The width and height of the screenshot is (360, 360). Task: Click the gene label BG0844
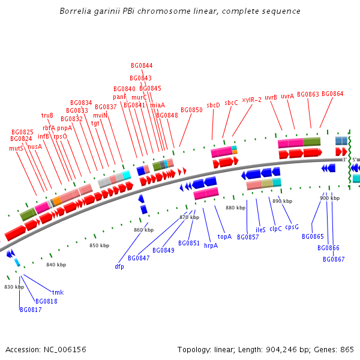click(x=142, y=65)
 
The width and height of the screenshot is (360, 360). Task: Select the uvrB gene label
click(x=271, y=97)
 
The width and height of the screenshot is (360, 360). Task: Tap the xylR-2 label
click(x=251, y=100)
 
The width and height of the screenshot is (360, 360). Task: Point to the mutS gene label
click(x=16, y=148)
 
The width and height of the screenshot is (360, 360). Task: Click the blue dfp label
click(x=119, y=266)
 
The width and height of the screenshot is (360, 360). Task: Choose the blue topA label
click(x=224, y=237)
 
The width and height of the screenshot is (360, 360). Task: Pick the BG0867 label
click(x=334, y=259)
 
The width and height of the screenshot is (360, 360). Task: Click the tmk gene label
click(x=58, y=292)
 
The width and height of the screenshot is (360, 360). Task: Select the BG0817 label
click(x=31, y=310)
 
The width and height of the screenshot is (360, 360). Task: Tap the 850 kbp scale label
click(x=100, y=245)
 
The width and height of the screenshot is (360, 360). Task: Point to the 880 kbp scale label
click(x=236, y=208)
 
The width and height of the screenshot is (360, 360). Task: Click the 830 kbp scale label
click(x=14, y=287)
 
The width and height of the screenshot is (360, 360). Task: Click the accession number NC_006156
click(x=65, y=350)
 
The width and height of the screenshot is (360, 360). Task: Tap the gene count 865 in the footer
click(x=347, y=349)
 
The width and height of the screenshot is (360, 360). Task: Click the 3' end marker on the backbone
click(x=344, y=160)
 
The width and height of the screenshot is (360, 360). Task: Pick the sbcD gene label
click(x=213, y=105)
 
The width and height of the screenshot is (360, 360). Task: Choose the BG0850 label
click(x=191, y=110)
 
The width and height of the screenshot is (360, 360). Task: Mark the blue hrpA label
click(x=211, y=245)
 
